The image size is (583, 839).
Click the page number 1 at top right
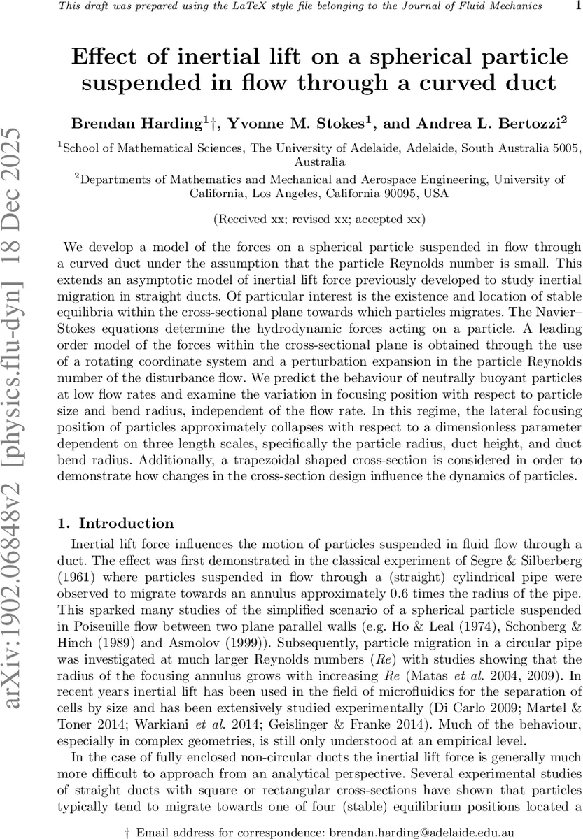(x=576, y=6)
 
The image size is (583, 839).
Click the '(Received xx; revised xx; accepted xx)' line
(x=319, y=219)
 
